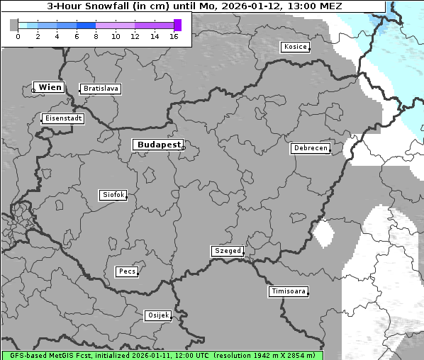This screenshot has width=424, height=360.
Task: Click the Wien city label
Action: coord(50,87)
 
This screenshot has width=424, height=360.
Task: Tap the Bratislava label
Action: coord(100,89)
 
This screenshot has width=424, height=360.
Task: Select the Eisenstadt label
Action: coord(63,118)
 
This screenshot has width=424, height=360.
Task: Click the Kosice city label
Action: coord(295,47)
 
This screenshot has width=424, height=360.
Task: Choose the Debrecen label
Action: coord(310,148)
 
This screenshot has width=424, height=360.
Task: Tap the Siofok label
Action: coord(113,194)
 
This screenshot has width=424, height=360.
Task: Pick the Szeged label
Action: coord(228,251)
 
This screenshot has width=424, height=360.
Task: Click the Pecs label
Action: coord(127,271)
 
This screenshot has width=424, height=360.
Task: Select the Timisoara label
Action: coord(289,291)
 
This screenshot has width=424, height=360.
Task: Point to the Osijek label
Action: coord(158,315)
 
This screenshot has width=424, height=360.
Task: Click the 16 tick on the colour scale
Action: coord(174,35)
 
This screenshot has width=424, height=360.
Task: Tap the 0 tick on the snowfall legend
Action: coord(18,35)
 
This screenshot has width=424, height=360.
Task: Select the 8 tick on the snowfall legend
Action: coord(96,35)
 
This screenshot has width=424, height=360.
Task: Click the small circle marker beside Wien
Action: coord(33,90)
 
